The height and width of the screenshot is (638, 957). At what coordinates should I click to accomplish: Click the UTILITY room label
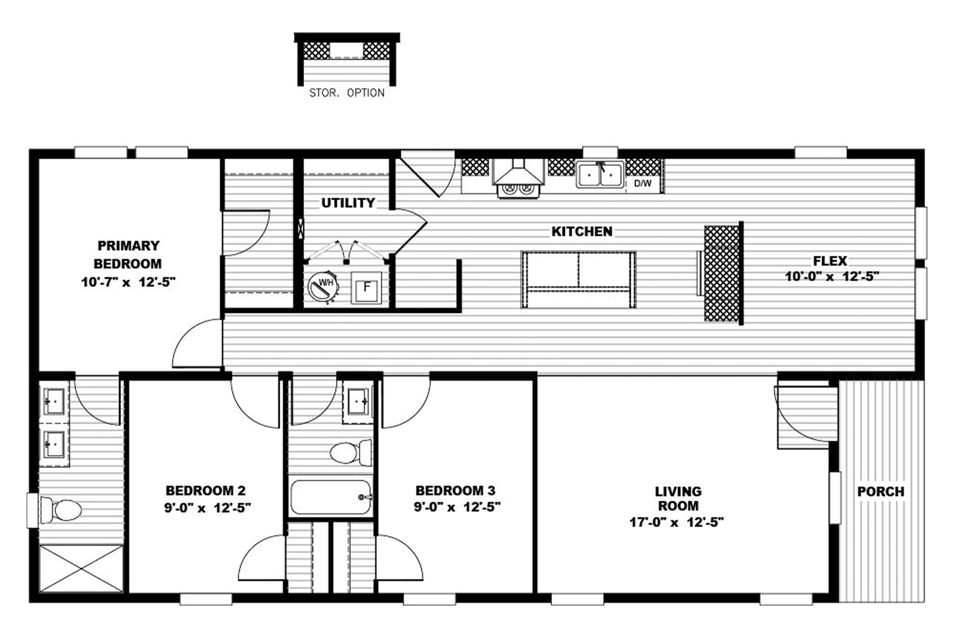click(348, 203)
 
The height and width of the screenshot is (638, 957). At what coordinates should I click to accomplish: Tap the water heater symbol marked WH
click(324, 287)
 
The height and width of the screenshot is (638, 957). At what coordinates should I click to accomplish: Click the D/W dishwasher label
click(643, 183)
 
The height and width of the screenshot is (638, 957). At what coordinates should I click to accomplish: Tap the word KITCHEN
click(582, 231)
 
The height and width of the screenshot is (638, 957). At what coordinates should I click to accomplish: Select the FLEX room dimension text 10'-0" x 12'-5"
click(832, 277)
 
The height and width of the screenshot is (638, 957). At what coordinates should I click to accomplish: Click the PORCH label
click(880, 492)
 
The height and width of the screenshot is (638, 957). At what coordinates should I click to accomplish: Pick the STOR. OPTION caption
click(347, 93)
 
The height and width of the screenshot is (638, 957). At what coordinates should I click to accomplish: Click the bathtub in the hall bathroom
click(331, 497)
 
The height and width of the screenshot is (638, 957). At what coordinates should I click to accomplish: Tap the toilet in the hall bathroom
click(351, 452)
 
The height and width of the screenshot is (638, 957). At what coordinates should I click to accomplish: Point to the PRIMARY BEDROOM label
click(128, 255)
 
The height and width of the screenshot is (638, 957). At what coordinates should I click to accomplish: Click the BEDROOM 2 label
click(206, 490)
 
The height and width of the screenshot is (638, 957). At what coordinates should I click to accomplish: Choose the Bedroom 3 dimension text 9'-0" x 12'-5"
click(457, 507)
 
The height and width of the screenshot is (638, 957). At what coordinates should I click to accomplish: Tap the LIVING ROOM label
click(678, 499)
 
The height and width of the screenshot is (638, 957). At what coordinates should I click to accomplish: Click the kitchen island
click(578, 280)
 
